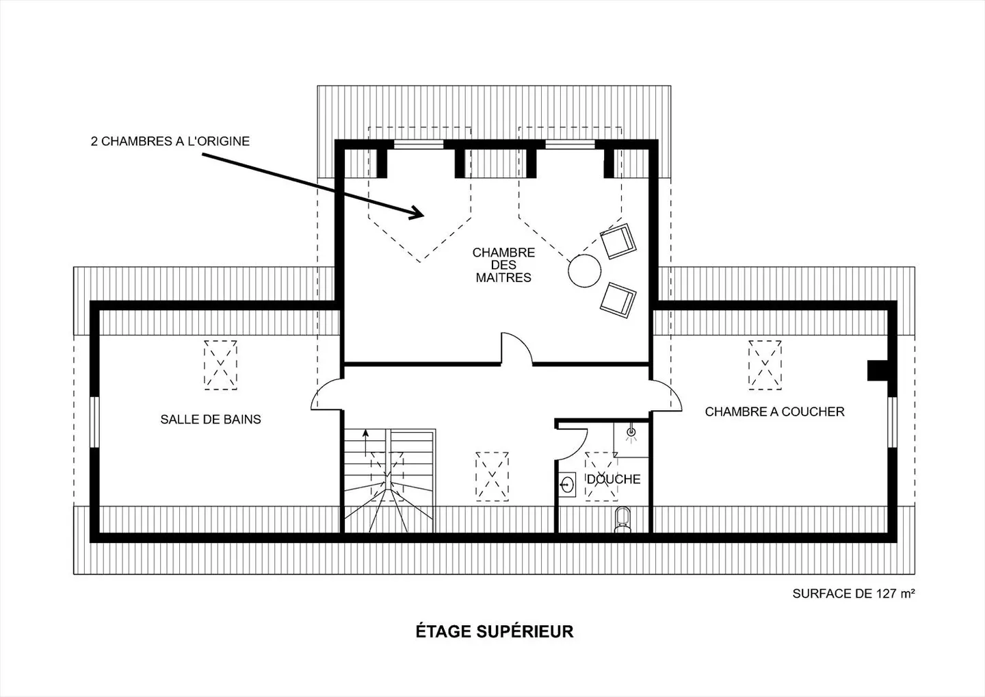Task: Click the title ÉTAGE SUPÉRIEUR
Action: pos(494,631)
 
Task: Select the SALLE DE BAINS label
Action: pos(211,419)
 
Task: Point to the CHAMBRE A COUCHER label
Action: pos(774,411)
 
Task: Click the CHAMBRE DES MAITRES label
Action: pos(503,265)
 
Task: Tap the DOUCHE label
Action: pos(614,479)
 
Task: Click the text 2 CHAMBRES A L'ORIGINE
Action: pos(170,142)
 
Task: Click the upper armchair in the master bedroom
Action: pos(618,241)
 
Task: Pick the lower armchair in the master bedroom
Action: pos(618,299)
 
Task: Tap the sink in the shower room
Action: pos(566,484)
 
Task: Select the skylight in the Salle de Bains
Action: pos(220,364)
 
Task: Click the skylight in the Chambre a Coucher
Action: pos(765,364)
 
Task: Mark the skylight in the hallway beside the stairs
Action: pos(492,477)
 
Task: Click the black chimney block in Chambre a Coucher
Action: pos(877,370)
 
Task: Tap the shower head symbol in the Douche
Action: pos(631,432)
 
